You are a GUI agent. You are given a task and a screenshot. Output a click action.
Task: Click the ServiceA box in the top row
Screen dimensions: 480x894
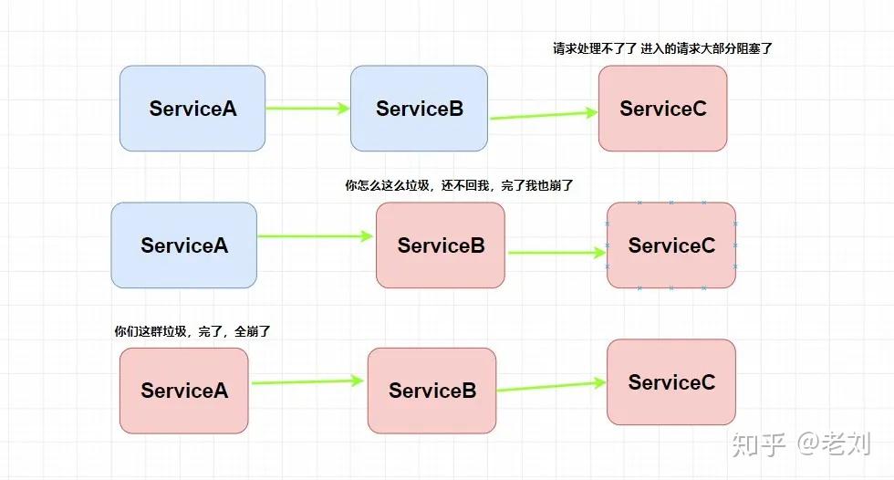192,109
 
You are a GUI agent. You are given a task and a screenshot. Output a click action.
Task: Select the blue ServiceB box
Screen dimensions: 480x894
419,109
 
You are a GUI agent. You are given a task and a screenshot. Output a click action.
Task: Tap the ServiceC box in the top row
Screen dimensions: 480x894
662,109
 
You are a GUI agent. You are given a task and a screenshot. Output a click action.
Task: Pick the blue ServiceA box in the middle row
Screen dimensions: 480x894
183,245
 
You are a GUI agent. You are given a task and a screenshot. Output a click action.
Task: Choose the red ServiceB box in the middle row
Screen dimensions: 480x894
440,245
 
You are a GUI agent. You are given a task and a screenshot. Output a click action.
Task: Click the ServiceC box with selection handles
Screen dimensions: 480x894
671,245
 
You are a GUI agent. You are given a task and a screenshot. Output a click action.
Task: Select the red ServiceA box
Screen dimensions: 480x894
183,391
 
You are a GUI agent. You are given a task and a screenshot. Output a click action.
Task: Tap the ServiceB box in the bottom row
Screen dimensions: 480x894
431,391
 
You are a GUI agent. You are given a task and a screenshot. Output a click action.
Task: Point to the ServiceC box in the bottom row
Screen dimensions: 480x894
671,382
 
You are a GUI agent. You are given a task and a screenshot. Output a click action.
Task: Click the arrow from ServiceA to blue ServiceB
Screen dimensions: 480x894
307,109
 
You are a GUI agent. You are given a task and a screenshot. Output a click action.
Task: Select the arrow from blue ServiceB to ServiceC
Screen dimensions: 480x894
543,115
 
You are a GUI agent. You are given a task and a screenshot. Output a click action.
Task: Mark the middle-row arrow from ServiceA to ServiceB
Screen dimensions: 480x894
316,236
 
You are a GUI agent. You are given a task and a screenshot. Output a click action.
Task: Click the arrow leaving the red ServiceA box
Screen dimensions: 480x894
307,382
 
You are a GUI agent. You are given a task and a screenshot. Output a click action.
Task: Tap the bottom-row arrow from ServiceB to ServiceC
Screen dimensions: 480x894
551,387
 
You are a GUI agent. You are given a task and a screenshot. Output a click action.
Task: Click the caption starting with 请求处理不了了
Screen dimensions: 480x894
662,48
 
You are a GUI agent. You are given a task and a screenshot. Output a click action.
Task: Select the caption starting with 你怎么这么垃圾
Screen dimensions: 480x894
458,185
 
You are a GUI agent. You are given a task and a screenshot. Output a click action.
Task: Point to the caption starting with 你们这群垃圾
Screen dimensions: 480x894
192,331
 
